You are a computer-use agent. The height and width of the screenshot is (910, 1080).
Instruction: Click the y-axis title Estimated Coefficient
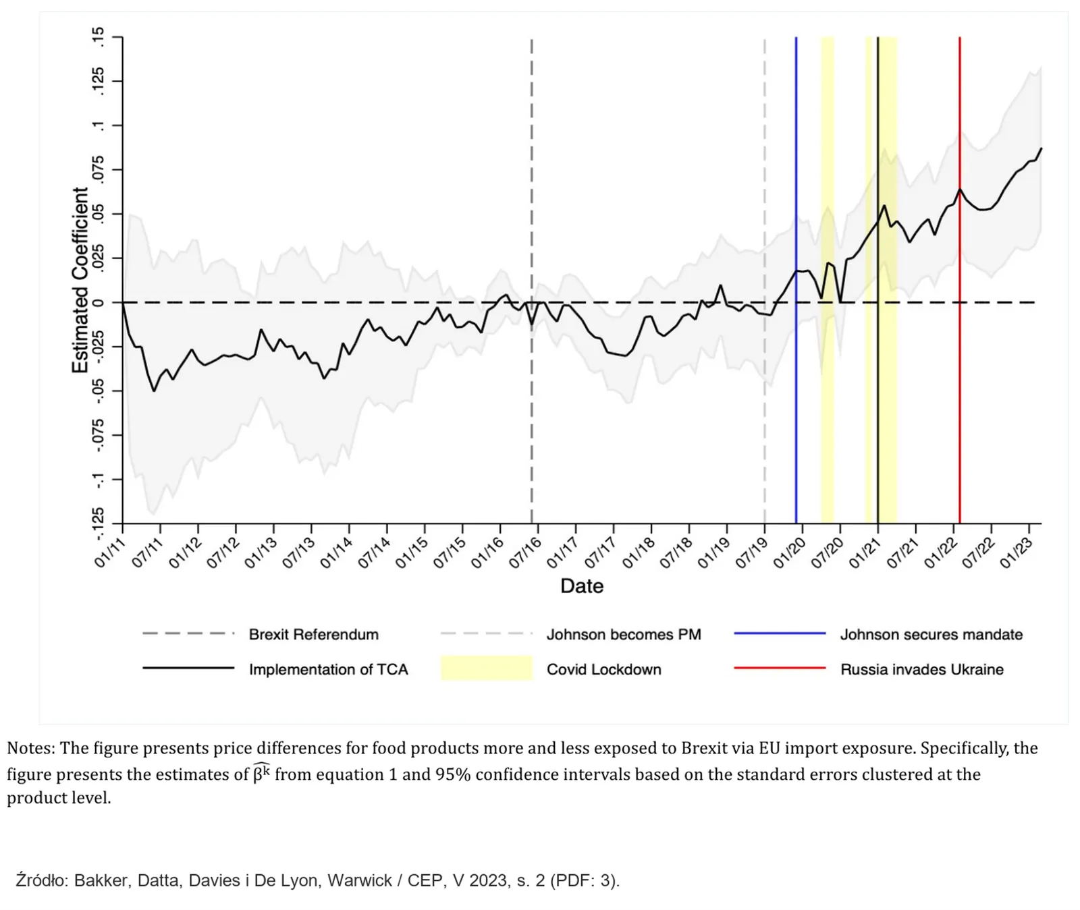(x=80, y=280)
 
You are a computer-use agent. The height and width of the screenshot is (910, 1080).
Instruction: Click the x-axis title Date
(x=582, y=586)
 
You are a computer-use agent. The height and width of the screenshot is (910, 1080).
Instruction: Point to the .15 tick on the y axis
(x=99, y=36)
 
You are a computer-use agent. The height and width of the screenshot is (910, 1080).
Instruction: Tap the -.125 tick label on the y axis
(x=99, y=523)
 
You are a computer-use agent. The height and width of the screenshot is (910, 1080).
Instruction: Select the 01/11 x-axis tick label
(x=110, y=552)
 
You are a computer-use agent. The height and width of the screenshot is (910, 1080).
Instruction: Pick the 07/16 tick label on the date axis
(x=525, y=552)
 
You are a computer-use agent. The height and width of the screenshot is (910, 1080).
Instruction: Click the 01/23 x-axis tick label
(x=1016, y=552)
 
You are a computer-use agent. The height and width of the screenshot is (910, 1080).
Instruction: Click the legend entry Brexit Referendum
(x=314, y=634)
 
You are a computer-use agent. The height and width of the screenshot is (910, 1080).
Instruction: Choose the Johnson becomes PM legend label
(x=624, y=634)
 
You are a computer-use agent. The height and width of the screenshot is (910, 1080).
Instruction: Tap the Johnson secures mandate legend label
(x=932, y=634)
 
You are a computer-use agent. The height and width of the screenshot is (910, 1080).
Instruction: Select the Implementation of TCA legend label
(x=329, y=669)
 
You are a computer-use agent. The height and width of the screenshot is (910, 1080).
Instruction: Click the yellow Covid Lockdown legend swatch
(x=487, y=668)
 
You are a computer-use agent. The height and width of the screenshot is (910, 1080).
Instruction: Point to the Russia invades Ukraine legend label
(x=922, y=669)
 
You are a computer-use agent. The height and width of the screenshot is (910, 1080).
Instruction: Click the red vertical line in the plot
(x=960, y=280)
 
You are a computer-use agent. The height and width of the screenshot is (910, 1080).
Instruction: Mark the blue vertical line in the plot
(x=796, y=280)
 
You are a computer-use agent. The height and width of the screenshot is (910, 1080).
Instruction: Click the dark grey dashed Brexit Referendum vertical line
(x=532, y=280)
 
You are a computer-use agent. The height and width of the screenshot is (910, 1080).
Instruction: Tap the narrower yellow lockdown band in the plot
(x=828, y=280)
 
